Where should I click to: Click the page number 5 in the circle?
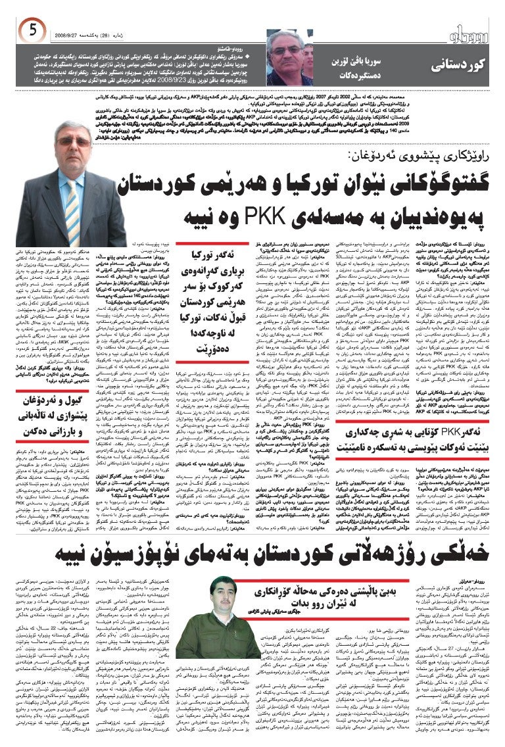(x=32, y=30)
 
